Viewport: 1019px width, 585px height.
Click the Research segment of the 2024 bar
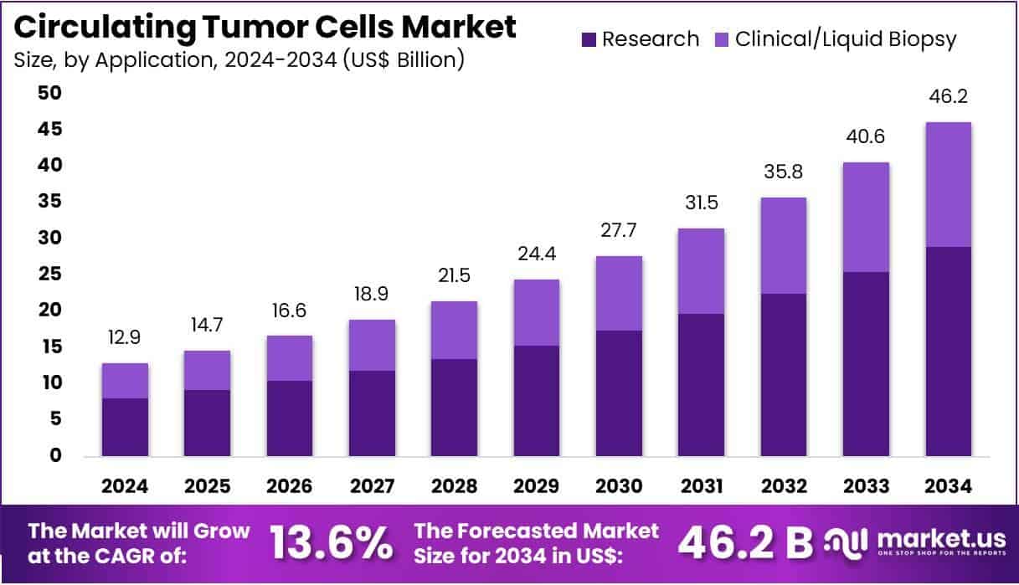click(x=125, y=427)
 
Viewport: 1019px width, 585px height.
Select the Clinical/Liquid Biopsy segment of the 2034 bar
click(x=949, y=184)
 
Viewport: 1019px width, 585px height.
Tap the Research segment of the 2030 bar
click(x=619, y=393)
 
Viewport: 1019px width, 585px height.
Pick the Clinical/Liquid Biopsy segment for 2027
click(x=372, y=345)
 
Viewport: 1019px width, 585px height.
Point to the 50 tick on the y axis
click(x=49, y=93)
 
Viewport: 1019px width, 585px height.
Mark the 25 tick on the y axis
click(x=49, y=275)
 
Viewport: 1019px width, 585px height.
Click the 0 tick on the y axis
click(x=54, y=456)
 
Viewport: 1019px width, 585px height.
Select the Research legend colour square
click(x=588, y=39)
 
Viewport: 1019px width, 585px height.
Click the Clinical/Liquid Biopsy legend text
click(x=846, y=39)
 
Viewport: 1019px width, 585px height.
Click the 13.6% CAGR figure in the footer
click(x=332, y=543)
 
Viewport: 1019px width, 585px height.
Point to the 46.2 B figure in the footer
click(x=744, y=543)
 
